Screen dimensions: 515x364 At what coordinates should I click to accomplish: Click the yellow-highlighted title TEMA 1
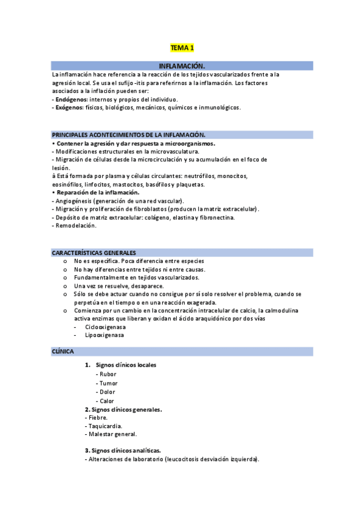pyautogui.click(x=182, y=47)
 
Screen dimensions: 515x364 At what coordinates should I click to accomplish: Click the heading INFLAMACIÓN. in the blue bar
pyautogui.click(x=182, y=66)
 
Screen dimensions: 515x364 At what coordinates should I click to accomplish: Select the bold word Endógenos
pyautogui.click(x=71, y=99)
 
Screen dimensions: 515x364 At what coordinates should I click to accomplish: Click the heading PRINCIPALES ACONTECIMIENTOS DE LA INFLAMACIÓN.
pyautogui.click(x=129, y=135)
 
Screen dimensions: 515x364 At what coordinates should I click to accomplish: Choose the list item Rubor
pyautogui.click(x=108, y=374)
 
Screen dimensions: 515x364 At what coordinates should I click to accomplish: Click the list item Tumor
pyautogui.click(x=109, y=383)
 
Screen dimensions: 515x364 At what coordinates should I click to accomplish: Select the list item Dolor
pyautogui.click(x=108, y=392)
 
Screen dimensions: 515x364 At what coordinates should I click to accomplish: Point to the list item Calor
pyautogui.click(x=107, y=401)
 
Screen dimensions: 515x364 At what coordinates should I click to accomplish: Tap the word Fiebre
pyautogui.click(x=98, y=417)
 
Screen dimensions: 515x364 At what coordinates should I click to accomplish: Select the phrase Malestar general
pyautogui.click(x=112, y=434)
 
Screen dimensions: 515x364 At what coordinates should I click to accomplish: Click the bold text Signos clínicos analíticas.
pyautogui.click(x=126, y=451)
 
